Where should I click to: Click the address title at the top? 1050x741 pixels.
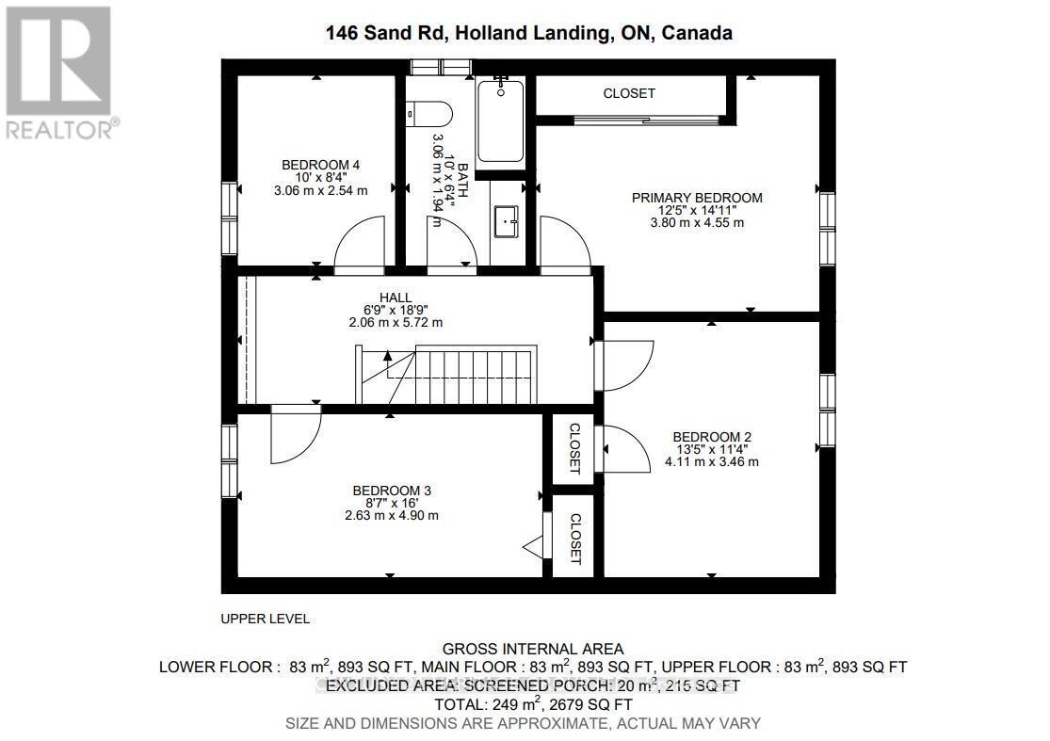coord(528,34)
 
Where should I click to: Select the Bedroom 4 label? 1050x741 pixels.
coord(320,165)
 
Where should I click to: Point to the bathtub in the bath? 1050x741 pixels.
coord(500,121)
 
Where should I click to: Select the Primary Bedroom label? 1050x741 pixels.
coord(696,198)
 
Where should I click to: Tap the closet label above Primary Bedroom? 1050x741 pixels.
coord(629,93)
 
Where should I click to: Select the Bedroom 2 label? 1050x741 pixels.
coord(711,437)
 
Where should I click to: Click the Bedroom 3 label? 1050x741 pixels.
coord(392,491)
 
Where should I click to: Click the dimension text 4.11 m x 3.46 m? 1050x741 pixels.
coord(711,461)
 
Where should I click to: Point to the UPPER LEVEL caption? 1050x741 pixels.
coord(265,619)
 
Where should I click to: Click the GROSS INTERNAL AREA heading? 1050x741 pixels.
coord(533,648)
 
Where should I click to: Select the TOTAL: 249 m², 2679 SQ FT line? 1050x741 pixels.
coord(533,704)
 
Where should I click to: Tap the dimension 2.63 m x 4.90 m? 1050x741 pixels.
coord(392,515)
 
